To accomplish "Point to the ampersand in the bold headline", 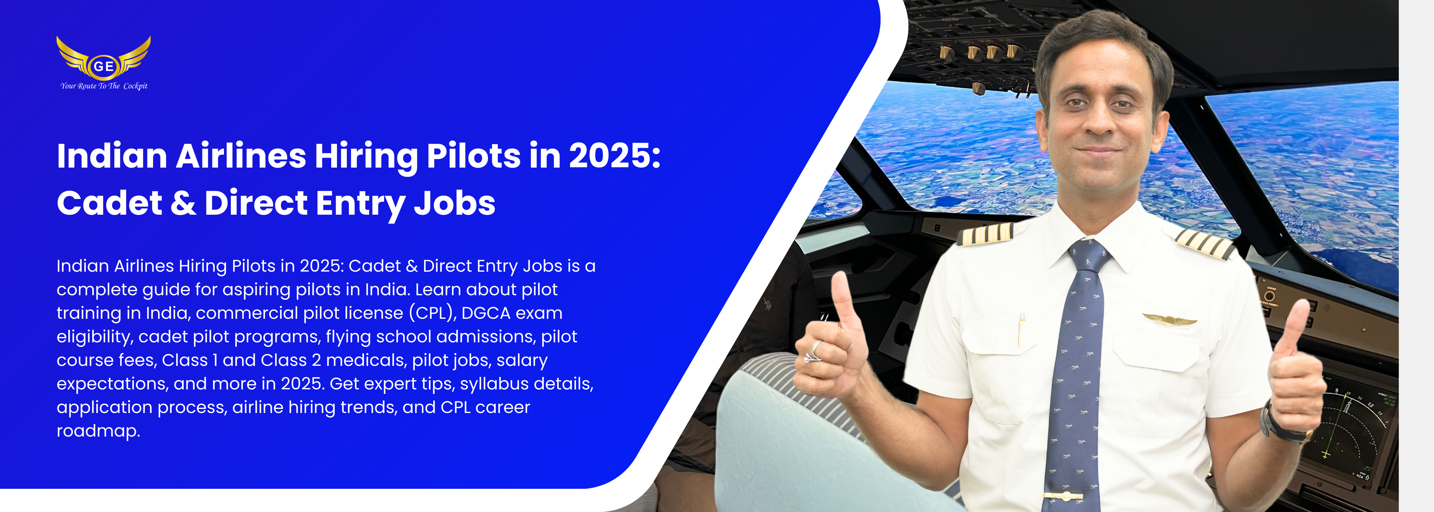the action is point(183,203).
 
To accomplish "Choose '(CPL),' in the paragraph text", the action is point(433,313).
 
